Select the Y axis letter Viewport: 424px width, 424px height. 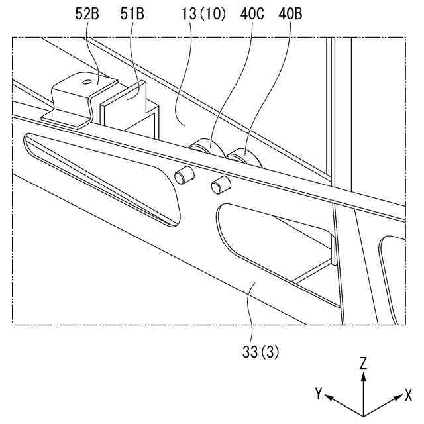(319, 394)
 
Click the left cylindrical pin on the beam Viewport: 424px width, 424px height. (183, 175)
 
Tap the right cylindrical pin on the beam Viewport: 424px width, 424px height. (219, 185)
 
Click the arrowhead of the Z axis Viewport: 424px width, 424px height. (363, 375)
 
